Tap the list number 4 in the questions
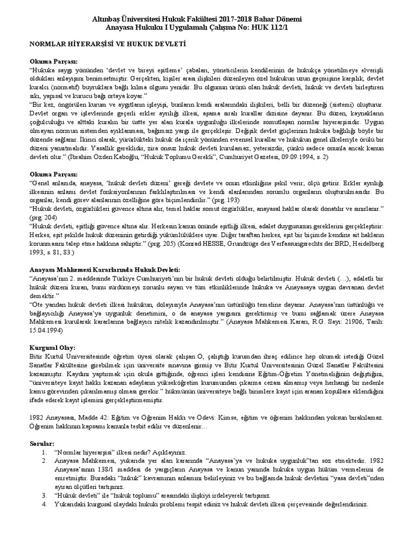pos(43,503)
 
